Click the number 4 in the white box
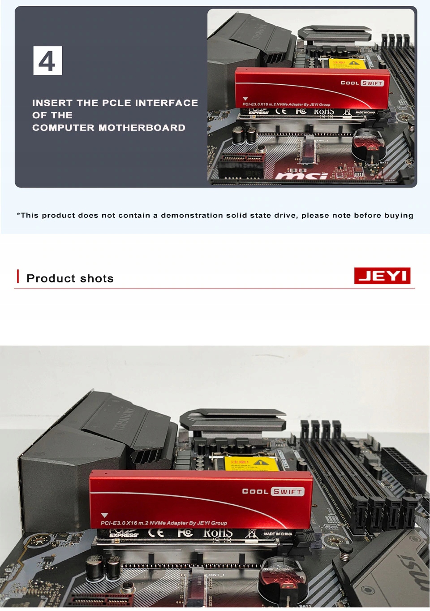click(x=47, y=61)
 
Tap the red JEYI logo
click(x=382, y=276)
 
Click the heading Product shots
click(x=70, y=278)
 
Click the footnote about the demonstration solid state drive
click(x=215, y=215)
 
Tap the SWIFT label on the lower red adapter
click(x=288, y=492)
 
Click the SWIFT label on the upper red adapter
click(x=372, y=83)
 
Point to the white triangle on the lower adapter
click(x=105, y=516)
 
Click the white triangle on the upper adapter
click(x=245, y=99)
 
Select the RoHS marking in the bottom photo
click(x=218, y=533)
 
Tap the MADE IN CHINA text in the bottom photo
click(x=278, y=534)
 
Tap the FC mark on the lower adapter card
click(x=185, y=533)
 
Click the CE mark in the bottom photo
click(x=155, y=533)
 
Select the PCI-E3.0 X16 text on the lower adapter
click(x=120, y=523)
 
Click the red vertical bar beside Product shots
click(x=18, y=276)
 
